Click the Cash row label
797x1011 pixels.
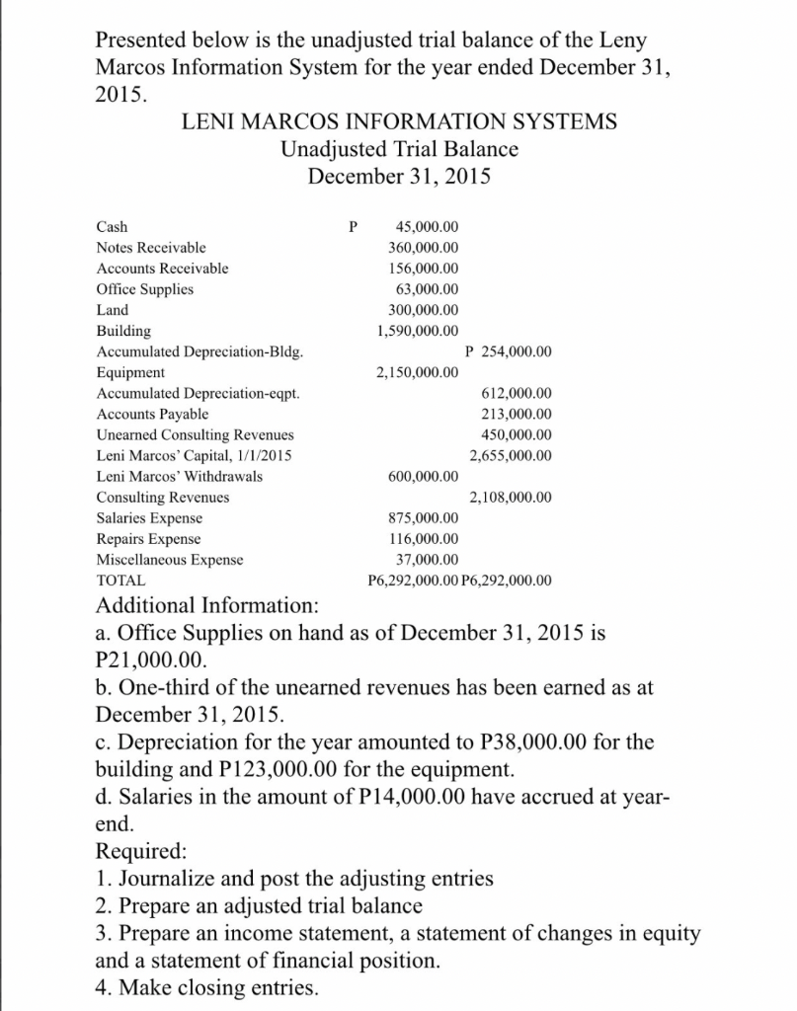pos(112,226)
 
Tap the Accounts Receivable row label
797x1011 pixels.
pos(162,268)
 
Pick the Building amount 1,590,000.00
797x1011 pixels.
pos(418,330)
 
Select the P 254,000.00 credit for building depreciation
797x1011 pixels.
pos(507,351)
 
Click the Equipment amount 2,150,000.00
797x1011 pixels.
pos(418,372)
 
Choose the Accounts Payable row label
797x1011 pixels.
pos(152,414)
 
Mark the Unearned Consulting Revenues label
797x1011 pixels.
pos(195,434)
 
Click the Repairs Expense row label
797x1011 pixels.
pos(148,538)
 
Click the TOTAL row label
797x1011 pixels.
pos(120,581)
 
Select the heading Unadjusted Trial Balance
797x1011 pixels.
pos(399,149)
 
